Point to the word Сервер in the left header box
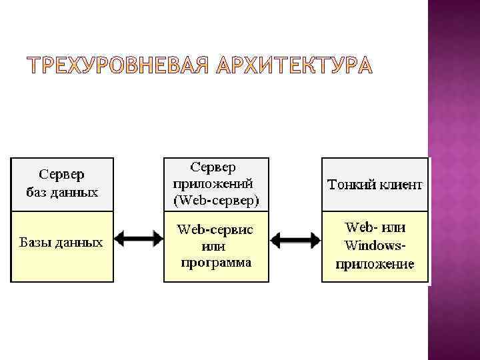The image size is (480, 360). coord(62,175)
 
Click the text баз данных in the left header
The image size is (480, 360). coord(62,193)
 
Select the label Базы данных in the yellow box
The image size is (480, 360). coord(61,241)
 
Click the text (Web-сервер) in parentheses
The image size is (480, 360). coord(217,199)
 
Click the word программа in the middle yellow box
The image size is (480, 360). coord(216,262)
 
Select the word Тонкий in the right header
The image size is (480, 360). coord(351,184)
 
